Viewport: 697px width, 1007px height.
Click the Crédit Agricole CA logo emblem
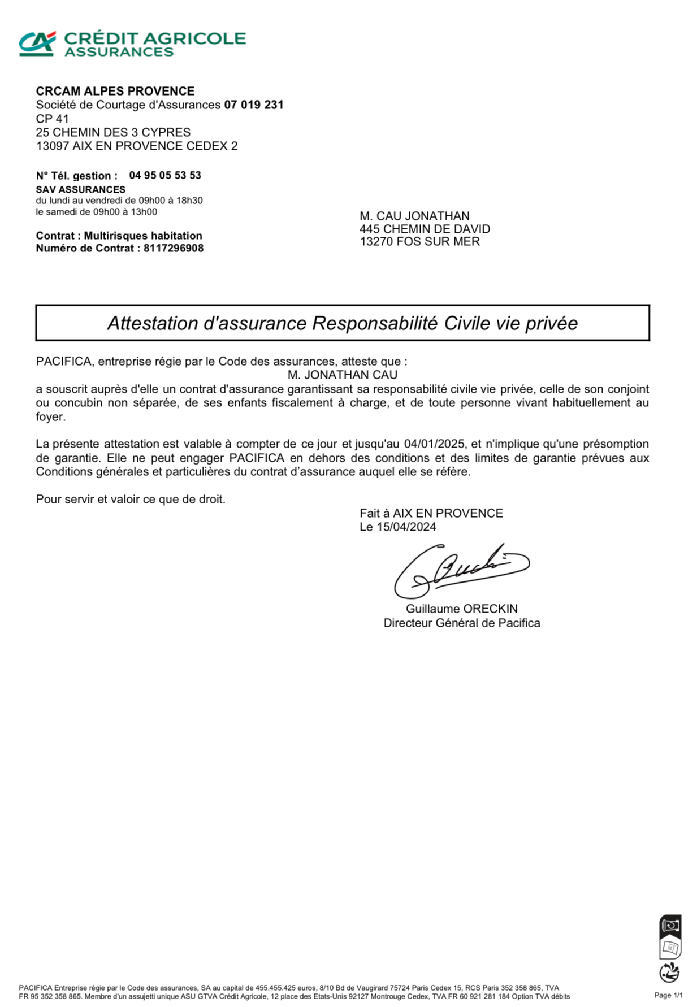click(37, 44)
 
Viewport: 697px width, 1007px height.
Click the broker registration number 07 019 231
click(254, 105)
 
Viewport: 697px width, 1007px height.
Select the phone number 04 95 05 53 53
click(165, 175)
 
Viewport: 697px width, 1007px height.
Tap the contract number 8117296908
click(174, 249)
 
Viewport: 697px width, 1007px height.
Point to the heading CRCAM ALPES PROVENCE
click(115, 91)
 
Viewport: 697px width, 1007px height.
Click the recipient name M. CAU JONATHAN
click(414, 216)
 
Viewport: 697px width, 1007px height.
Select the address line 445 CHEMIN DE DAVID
click(425, 229)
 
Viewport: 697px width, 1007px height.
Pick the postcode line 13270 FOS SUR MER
click(419, 242)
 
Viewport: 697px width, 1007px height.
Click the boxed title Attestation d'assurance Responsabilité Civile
click(342, 323)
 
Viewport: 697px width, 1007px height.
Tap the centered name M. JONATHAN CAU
click(343, 375)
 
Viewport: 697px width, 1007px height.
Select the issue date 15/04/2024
click(406, 527)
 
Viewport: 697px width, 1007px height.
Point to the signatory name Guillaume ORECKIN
click(461, 609)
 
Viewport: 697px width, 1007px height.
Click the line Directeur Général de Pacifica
click(461, 623)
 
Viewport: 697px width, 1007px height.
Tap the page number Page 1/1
click(668, 995)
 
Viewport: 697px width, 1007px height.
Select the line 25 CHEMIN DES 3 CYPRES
click(113, 133)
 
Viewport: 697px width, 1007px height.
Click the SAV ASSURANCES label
click(81, 190)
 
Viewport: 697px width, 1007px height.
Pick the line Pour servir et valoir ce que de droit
click(131, 500)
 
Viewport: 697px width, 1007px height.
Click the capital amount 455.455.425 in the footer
click(275, 988)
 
